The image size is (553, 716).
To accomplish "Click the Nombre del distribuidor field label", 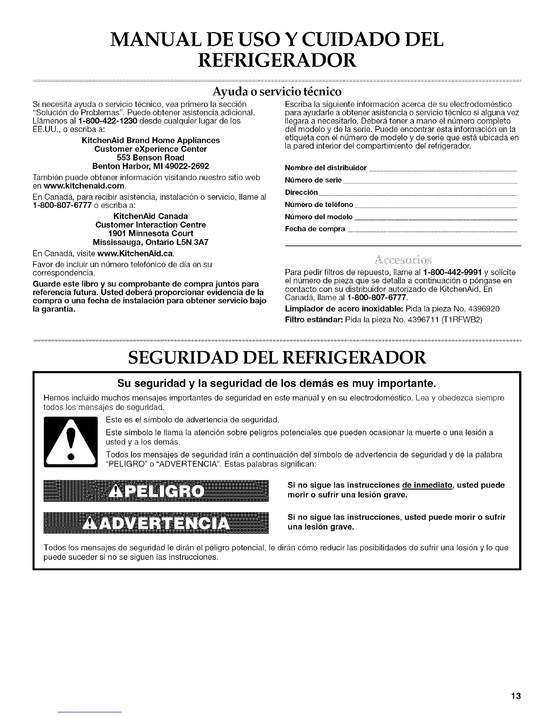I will coord(326,168).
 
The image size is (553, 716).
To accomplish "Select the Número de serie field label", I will coord(313,180).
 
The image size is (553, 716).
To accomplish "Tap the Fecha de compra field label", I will coord(315,229).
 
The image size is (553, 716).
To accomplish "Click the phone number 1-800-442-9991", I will coord(453,273).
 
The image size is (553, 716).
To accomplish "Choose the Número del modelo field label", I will coord(319,217).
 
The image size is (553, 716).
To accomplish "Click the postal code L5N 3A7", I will coord(192,242).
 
